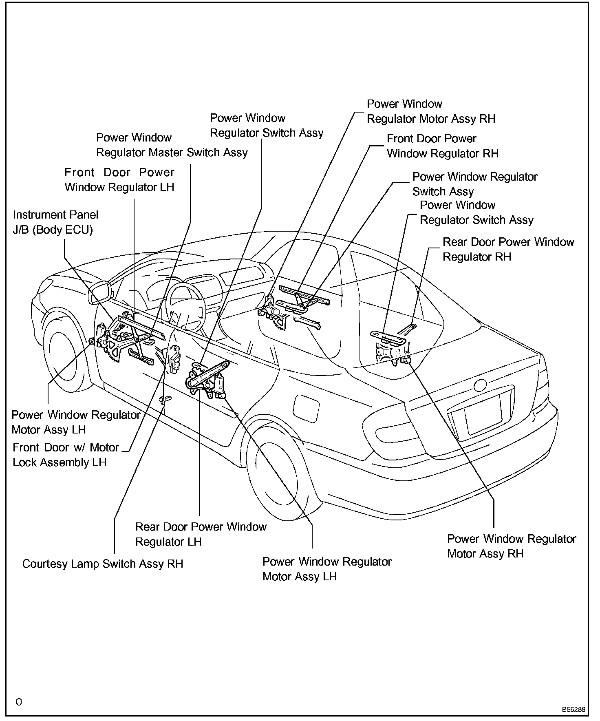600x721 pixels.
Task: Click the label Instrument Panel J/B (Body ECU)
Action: pyautogui.click(x=55, y=222)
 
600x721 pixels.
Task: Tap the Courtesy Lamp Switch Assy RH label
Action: pyautogui.click(x=103, y=564)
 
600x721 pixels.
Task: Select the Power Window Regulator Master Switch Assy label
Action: pyautogui.click(x=172, y=145)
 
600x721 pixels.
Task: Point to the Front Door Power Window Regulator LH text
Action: pyautogui.click(x=119, y=180)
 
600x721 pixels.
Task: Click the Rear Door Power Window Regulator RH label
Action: pyautogui.click(x=508, y=249)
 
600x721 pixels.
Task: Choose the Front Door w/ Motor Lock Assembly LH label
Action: pyautogui.click(x=65, y=455)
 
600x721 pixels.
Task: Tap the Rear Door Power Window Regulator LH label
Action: pyautogui.click(x=201, y=534)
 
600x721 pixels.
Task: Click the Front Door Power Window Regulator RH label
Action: pyautogui.click(x=442, y=146)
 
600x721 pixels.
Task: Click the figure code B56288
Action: pyautogui.click(x=574, y=710)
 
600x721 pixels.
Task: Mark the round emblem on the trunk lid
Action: pyautogui.click(x=481, y=385)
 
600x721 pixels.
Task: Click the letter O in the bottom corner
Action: pyautogui.click(x=19, y=702)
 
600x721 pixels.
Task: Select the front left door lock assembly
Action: pyautogui.click(x=174, y=358)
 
